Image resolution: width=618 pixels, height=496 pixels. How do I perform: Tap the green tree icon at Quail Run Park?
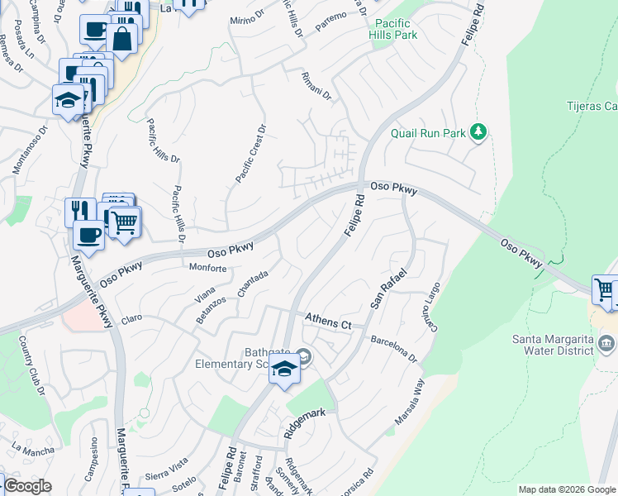(x=478, y=131)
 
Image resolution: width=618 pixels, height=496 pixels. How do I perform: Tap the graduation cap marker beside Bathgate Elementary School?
(x=284, y=369)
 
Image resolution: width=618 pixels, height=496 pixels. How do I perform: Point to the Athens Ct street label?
(x=328, y=322)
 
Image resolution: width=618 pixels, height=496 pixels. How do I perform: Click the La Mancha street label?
(x=33, y=449)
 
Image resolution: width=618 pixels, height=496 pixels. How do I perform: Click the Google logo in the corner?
(x=26, y=485)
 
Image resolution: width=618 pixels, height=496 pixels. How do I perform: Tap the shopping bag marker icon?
(x=121, y=38)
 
